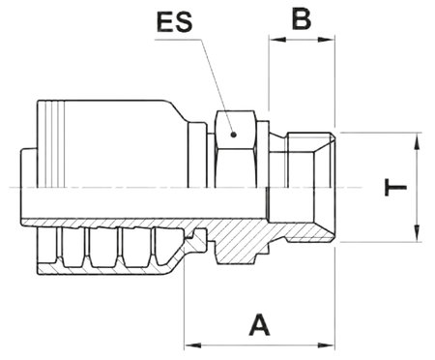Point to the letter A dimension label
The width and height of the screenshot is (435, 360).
[258, 324]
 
